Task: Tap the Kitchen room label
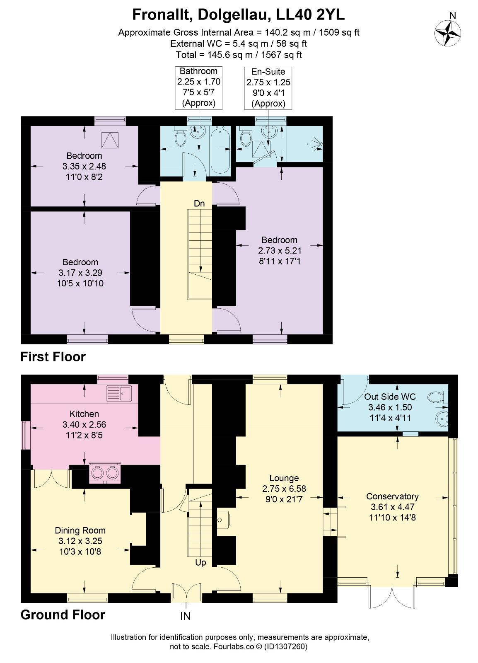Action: coord(84,414)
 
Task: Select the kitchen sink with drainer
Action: coord(119,393)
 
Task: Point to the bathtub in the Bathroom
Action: coord(220,151)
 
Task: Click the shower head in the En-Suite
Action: coord(317,144)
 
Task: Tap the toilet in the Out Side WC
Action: coord(438,397)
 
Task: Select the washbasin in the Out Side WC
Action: coord(442,419)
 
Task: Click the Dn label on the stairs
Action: coord(199,203)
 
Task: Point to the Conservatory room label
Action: coord(392,496)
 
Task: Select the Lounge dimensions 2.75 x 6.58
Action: coord(284,489)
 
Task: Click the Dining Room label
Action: coord(80,530)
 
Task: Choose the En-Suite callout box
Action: coord(268,88)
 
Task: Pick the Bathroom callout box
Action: coord(199,88)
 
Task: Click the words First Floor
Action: coord(53,357)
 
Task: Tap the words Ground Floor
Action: coord(63,615)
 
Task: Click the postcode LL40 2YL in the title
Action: coord(310,15)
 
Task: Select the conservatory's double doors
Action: coord(392,596)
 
